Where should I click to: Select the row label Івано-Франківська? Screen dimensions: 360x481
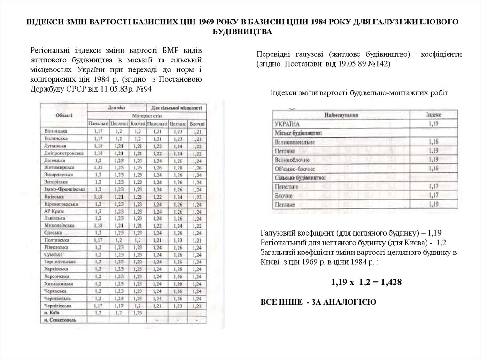click(x=63, y=189)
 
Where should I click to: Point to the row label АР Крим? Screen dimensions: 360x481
click(x=51, y=211)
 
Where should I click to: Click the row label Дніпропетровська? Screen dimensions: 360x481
click(x=63, y=153)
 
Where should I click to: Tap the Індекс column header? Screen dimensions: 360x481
click(x=433, y=114)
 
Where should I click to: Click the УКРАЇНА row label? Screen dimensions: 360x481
click(x=287, y=123)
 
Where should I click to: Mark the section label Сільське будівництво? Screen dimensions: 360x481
click(x=298, y=177)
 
